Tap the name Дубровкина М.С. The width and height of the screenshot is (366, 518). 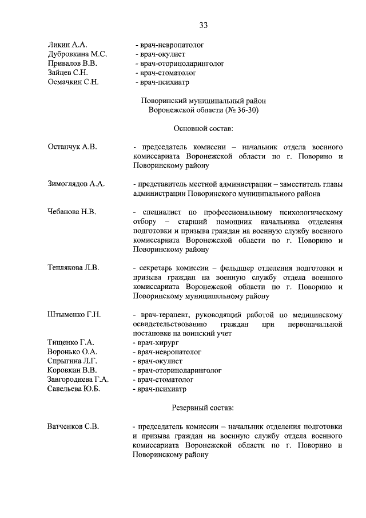tap(77, 54)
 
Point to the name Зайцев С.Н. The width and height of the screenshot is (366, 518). tap(67, 73)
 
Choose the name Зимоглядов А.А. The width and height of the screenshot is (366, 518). tap(76, 184)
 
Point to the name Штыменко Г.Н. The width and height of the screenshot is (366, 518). tap(74, 314)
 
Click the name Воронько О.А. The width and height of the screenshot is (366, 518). tap(72, 351)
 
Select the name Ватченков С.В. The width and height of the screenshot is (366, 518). tap(73, 426)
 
